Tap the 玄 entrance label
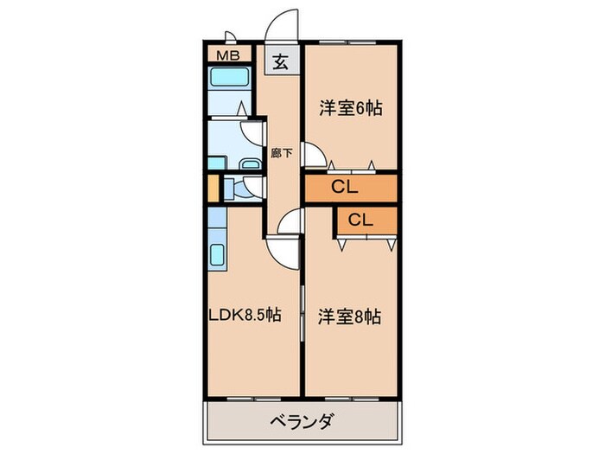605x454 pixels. [x=282, y=62]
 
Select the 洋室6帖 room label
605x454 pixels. [x=350, y=109]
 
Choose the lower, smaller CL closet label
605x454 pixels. [x=360, y=220]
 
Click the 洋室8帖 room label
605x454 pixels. [x=350, y=316]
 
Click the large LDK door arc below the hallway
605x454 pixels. [x=282, y=252]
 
